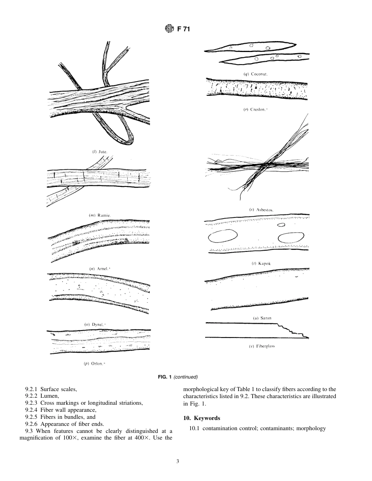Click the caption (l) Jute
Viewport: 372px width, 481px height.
point(99,151)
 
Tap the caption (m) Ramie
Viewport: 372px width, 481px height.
point(100,215)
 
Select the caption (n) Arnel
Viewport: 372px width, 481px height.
point(99,269)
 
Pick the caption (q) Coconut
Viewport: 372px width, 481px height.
point(256,74)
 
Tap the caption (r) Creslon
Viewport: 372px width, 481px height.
point(255,109)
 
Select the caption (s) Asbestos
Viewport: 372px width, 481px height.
point(261,210)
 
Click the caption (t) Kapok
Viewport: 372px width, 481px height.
point(261,264)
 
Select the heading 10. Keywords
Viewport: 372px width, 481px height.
point(202,418)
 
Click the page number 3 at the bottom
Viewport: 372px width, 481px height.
point(178,462)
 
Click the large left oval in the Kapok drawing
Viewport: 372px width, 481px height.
point(223,236)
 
